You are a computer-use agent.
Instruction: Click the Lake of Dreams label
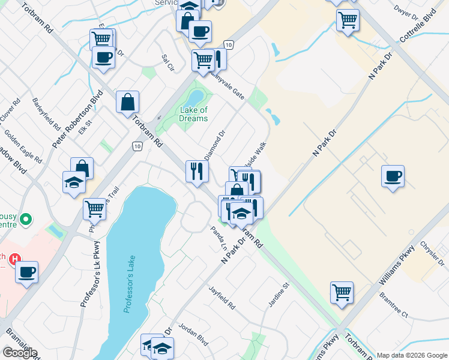point(193,114)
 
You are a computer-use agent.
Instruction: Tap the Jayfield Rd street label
point(222,298)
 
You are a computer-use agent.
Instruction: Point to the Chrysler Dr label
point(432,254)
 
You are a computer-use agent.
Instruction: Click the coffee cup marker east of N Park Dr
point(393,176)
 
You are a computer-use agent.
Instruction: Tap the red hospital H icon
point(15,260)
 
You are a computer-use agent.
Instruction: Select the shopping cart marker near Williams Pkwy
point(342,292)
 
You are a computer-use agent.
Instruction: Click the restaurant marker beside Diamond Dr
point(197,171)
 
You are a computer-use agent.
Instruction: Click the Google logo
point(20,353)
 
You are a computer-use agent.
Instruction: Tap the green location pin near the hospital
point(25,220)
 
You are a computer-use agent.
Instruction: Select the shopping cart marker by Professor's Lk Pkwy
point(95,209)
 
